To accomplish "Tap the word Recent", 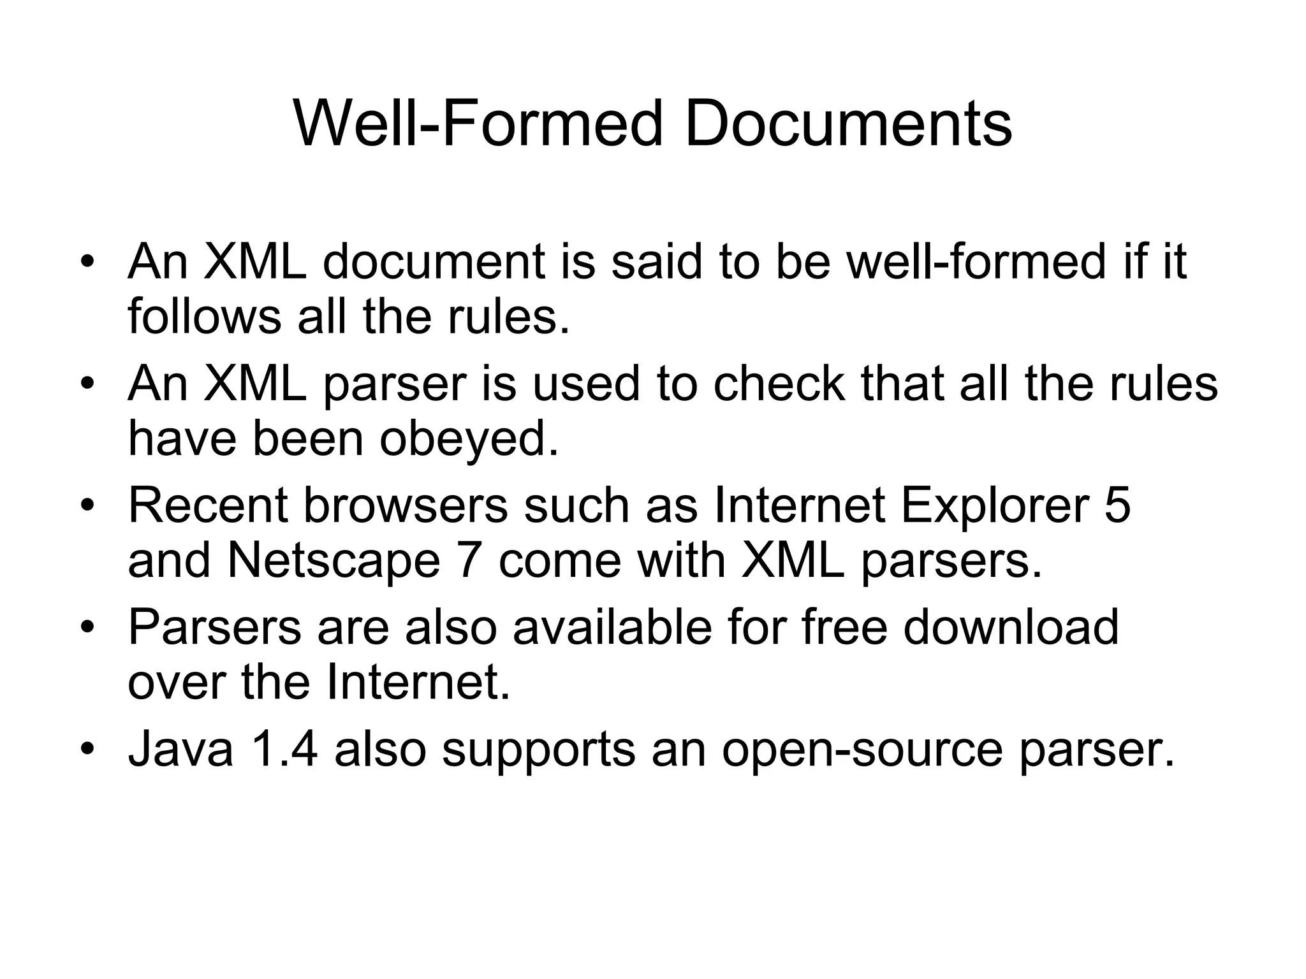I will point(209,505).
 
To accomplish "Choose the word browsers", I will point(406,505).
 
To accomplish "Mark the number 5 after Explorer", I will point(1117,505).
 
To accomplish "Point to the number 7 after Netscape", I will point(469,561).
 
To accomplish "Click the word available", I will point(612,627).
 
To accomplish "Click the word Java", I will point(181,750).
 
